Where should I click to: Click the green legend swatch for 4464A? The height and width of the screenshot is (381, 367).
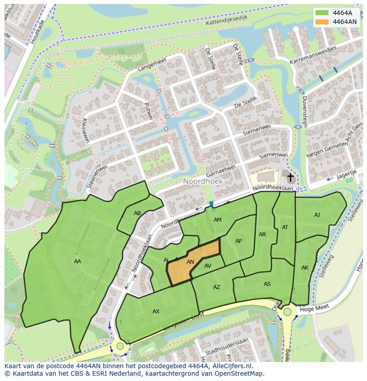click(322, 12)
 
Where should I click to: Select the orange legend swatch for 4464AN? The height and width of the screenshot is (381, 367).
click(322, 21)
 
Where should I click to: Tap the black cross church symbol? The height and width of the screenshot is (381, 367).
click(290, 178)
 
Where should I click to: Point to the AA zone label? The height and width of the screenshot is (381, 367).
click(78, 262)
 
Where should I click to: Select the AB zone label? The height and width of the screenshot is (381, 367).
click(137, 213)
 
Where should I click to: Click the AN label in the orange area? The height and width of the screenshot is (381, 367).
click(190, 262)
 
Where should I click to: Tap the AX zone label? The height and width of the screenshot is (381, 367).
click(156, 312)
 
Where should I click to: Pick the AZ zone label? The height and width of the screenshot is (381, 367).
click(216, 287)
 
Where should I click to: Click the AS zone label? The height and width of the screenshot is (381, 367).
click(267, 284)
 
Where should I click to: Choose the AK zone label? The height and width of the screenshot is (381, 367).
click(305, 268)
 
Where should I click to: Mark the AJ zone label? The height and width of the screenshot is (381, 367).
click(317, 215)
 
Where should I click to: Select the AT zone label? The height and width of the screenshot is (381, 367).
click(285, 227)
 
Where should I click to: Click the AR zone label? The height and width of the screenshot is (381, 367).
click(262, 235)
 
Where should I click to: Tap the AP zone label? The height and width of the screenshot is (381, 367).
click(238, 241)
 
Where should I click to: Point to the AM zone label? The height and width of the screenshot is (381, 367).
click(217, 220)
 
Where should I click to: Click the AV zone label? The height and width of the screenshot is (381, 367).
click(208, 266)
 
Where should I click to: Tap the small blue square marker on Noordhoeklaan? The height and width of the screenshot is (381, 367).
click(211, 204)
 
